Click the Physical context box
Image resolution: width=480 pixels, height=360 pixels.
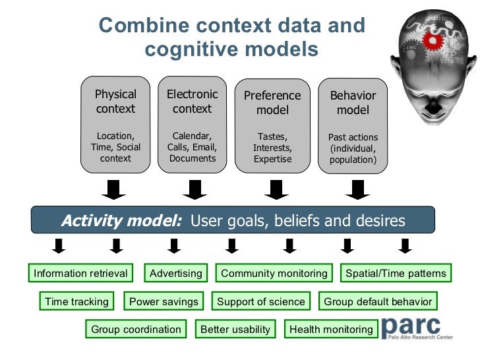click(x=115, y=125)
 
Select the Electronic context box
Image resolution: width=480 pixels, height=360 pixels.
click(x=192, y=125)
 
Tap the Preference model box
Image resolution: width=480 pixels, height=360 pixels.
click(x=272, y=125)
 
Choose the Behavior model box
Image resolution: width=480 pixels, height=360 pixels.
click(x=353, y=125)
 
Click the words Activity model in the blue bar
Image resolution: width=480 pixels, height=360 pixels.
click(x=121, y=221)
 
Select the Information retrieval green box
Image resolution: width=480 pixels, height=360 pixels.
click(x=80, y=273)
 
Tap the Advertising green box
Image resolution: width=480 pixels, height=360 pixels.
click(x=175, y=273)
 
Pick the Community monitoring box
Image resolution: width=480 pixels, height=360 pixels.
click(x=274, y=273)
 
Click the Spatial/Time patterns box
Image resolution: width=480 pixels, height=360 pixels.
click(x=396, y=273)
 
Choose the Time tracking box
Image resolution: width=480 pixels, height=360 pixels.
click(x=76, y=302)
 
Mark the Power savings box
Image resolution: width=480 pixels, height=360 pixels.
click(x=164, y=302)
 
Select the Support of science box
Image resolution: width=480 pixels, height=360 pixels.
click(x=261, y=302)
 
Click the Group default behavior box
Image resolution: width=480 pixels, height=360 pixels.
click(x=378, y=302)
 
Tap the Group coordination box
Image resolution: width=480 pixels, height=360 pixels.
click(x=136, y=329)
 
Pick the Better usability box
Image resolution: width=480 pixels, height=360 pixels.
click(x=235, y=329)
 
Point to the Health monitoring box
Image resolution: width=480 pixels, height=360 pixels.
click(x=331, y=329)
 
